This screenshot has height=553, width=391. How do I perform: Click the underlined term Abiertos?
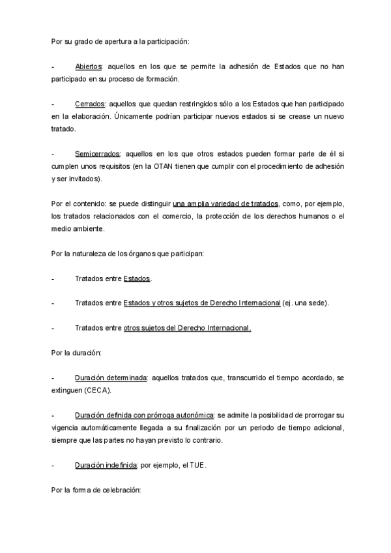[x=89, y=67]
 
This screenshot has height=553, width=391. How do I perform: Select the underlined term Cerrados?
[x=90, y=104]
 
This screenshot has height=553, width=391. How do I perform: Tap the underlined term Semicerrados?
[x=97, y=154]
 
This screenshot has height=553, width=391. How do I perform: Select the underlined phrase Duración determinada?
[x=111, y=378]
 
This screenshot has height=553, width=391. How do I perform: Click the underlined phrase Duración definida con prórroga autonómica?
[x=144, y=415]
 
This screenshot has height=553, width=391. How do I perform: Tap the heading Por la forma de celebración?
[x=96, y=489]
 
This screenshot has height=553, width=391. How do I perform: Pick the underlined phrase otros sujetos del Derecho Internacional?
[x=187, y=328]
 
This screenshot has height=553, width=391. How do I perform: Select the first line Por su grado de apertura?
[x=120, y=42]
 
